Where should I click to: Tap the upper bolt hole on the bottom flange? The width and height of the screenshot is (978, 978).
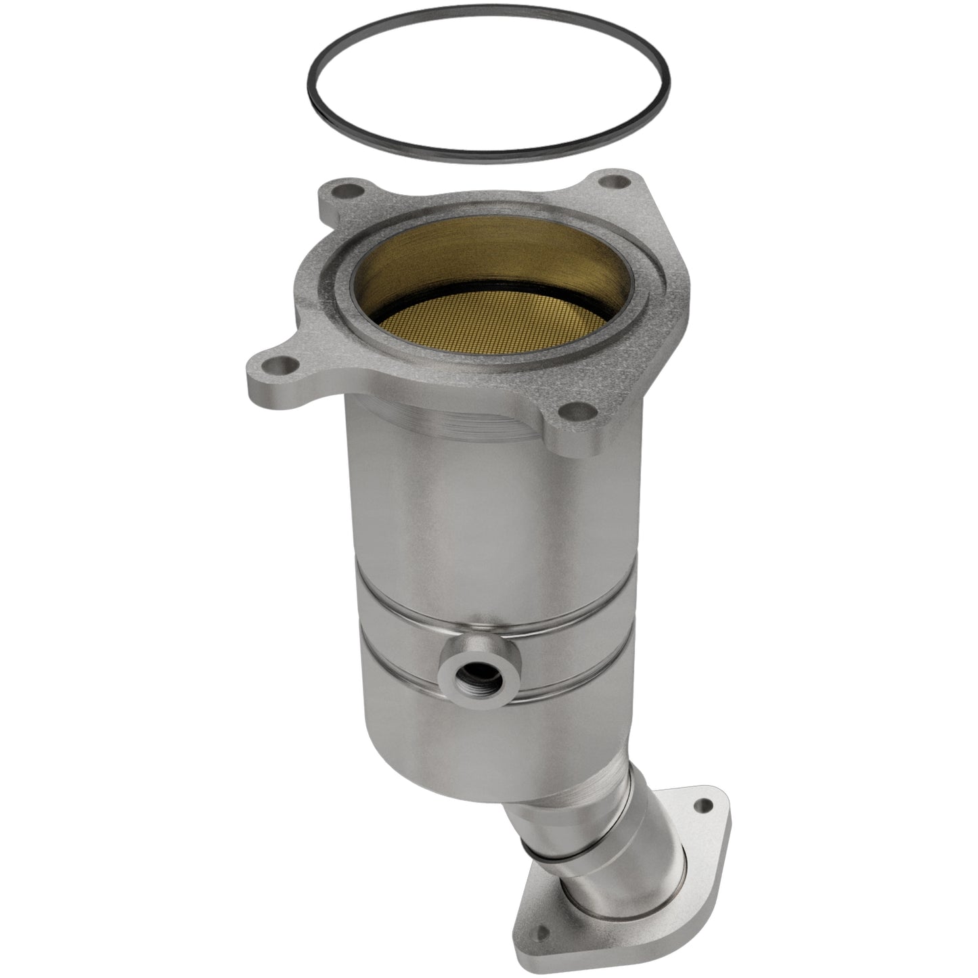(x=708, y=806)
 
